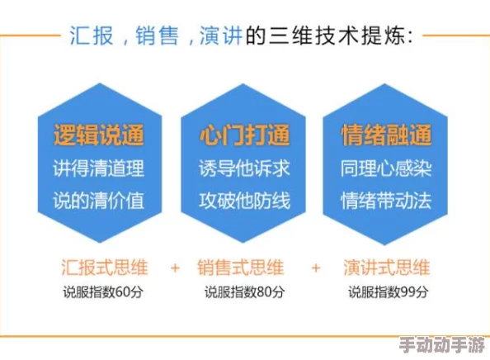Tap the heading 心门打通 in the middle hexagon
coord(245,134)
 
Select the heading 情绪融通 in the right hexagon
coord(386,134)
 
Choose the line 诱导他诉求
coord(245,168)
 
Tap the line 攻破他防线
coord(245,200)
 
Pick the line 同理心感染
coord(386,168)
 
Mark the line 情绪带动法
coord(386,200)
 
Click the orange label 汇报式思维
coord(105,268)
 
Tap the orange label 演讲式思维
coord(386,268)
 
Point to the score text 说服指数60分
coord(105,291)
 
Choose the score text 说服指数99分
coord(387,291)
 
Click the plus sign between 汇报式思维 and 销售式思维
coord(175,268)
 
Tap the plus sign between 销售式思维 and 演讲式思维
coord(316,268)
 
